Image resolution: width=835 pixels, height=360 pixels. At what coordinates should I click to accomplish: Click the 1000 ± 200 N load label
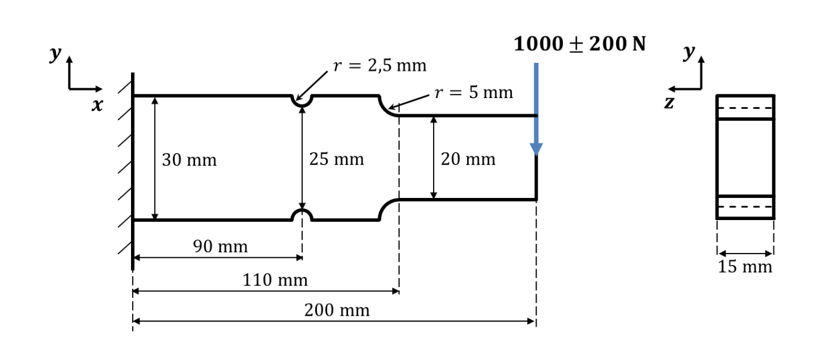(580, 44)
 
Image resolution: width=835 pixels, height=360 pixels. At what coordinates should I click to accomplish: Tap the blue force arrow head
(536, 149)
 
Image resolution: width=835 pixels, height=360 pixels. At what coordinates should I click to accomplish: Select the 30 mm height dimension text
(189, 160)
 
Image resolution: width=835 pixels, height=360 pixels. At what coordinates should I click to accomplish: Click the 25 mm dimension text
(336, 160)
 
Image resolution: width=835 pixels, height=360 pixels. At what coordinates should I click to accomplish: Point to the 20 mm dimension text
(468, 160)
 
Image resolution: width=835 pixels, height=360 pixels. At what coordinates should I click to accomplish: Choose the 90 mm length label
(220, 246)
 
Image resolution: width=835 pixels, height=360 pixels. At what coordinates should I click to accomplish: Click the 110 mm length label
(275, 280)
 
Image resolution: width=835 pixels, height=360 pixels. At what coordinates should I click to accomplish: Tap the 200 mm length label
(337, 310)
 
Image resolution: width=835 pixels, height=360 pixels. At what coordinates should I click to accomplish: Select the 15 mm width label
(745, 267)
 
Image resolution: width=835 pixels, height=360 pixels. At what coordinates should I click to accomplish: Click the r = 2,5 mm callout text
(380, 66)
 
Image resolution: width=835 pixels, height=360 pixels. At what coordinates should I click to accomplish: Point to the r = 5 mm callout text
(474, 93)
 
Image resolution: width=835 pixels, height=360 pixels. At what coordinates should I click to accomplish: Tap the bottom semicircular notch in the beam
(302, 214)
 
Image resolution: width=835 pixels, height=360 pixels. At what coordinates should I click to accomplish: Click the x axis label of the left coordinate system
(97, 106)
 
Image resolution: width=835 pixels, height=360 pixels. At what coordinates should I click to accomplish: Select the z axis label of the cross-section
(669, 103)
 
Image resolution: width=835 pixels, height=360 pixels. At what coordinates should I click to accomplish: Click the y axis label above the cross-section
(689, 53)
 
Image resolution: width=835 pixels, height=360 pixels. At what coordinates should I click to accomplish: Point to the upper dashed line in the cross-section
(745, 108)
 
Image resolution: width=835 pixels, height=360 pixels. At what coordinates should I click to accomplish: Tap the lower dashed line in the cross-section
(745, 207)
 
